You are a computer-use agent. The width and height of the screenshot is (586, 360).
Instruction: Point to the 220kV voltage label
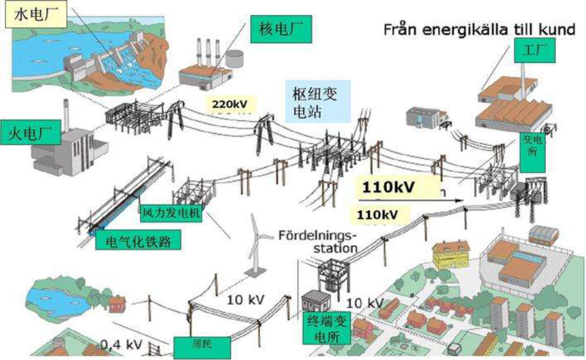(232, 104)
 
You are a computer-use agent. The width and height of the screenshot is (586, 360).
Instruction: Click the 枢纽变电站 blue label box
(317, 101)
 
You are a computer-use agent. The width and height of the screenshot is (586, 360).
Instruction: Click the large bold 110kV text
(389, 187)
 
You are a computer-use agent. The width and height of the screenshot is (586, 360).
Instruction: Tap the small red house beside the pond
(117, 304)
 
